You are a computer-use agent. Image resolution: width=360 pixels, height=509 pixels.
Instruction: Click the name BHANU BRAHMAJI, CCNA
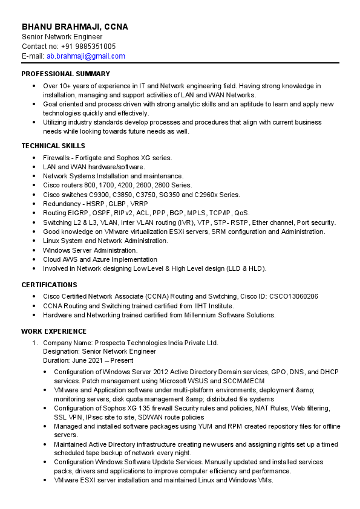point(75,27)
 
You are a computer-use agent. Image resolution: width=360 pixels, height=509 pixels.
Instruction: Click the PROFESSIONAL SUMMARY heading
point(65,74)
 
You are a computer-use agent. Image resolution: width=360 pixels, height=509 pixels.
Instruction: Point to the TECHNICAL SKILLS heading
point(53,146)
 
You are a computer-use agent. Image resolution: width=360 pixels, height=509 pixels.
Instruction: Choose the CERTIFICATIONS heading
point(49,285)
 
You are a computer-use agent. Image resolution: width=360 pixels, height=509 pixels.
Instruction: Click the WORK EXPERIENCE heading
point(54,331)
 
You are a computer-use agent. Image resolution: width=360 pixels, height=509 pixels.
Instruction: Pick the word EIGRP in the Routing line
point(77,213)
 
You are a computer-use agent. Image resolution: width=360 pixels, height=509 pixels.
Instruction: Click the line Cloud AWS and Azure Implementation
point(100,259)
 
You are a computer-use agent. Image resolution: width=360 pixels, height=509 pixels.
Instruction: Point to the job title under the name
point(62,37)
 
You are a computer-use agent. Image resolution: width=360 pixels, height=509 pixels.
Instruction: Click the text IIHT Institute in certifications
point(212,306)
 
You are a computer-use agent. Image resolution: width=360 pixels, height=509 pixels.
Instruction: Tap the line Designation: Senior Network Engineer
point(99,351)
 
